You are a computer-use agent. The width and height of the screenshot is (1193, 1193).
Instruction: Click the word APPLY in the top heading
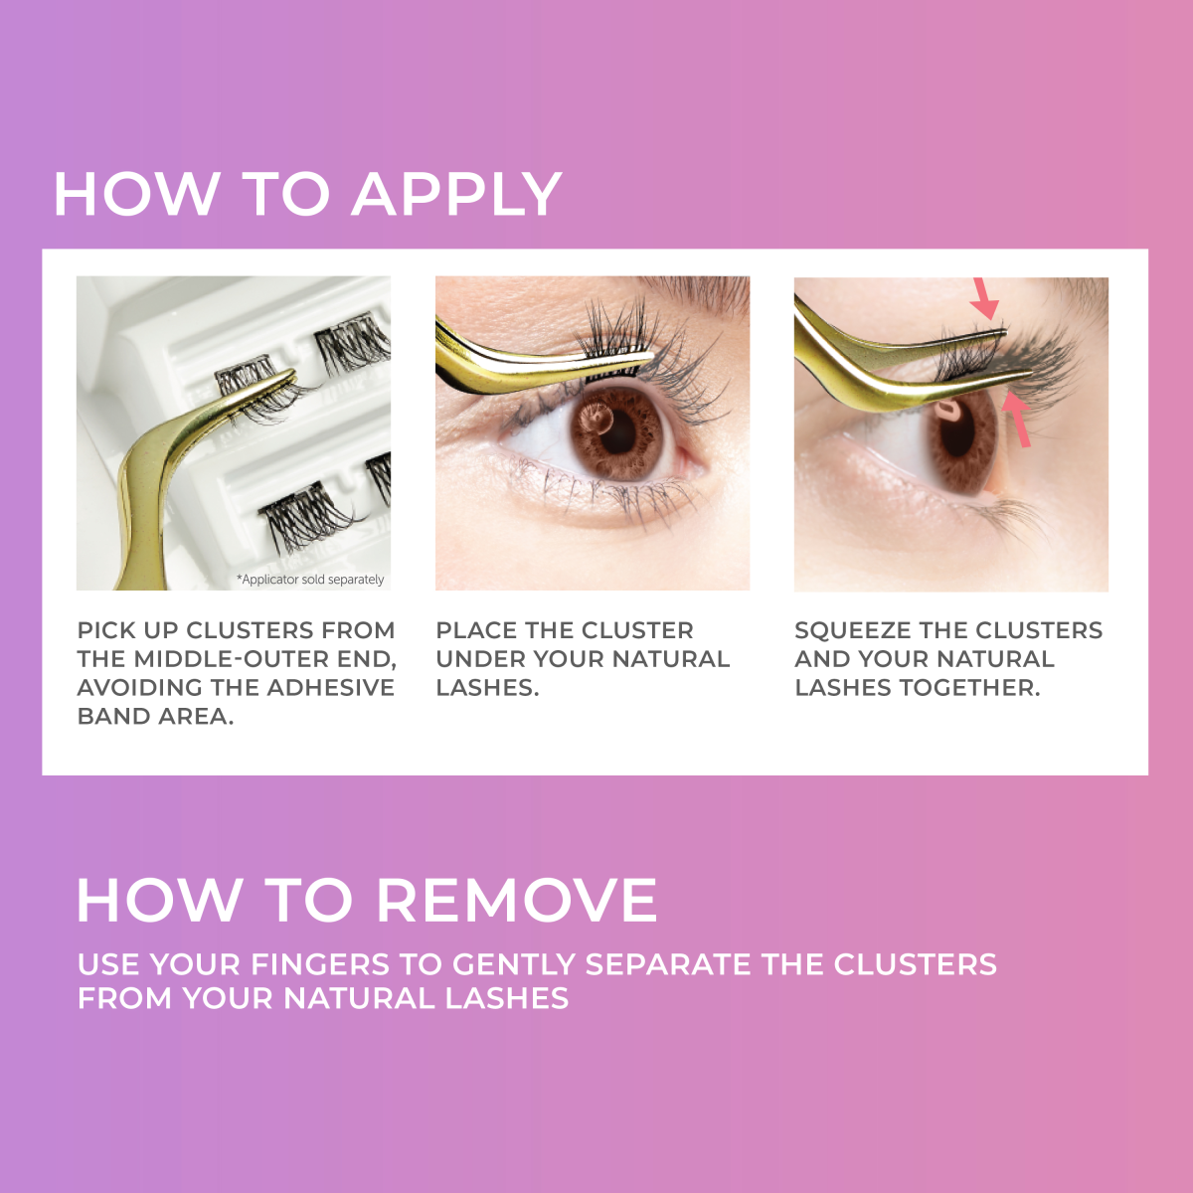[457, 194]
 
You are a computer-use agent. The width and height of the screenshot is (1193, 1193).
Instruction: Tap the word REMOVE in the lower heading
[516, 901]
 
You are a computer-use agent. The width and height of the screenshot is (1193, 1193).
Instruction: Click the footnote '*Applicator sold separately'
[310, 580]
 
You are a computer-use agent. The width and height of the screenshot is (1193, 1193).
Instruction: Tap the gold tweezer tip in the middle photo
[636, 355]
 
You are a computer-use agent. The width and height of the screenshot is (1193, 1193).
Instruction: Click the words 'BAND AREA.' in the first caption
[155, 717]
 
